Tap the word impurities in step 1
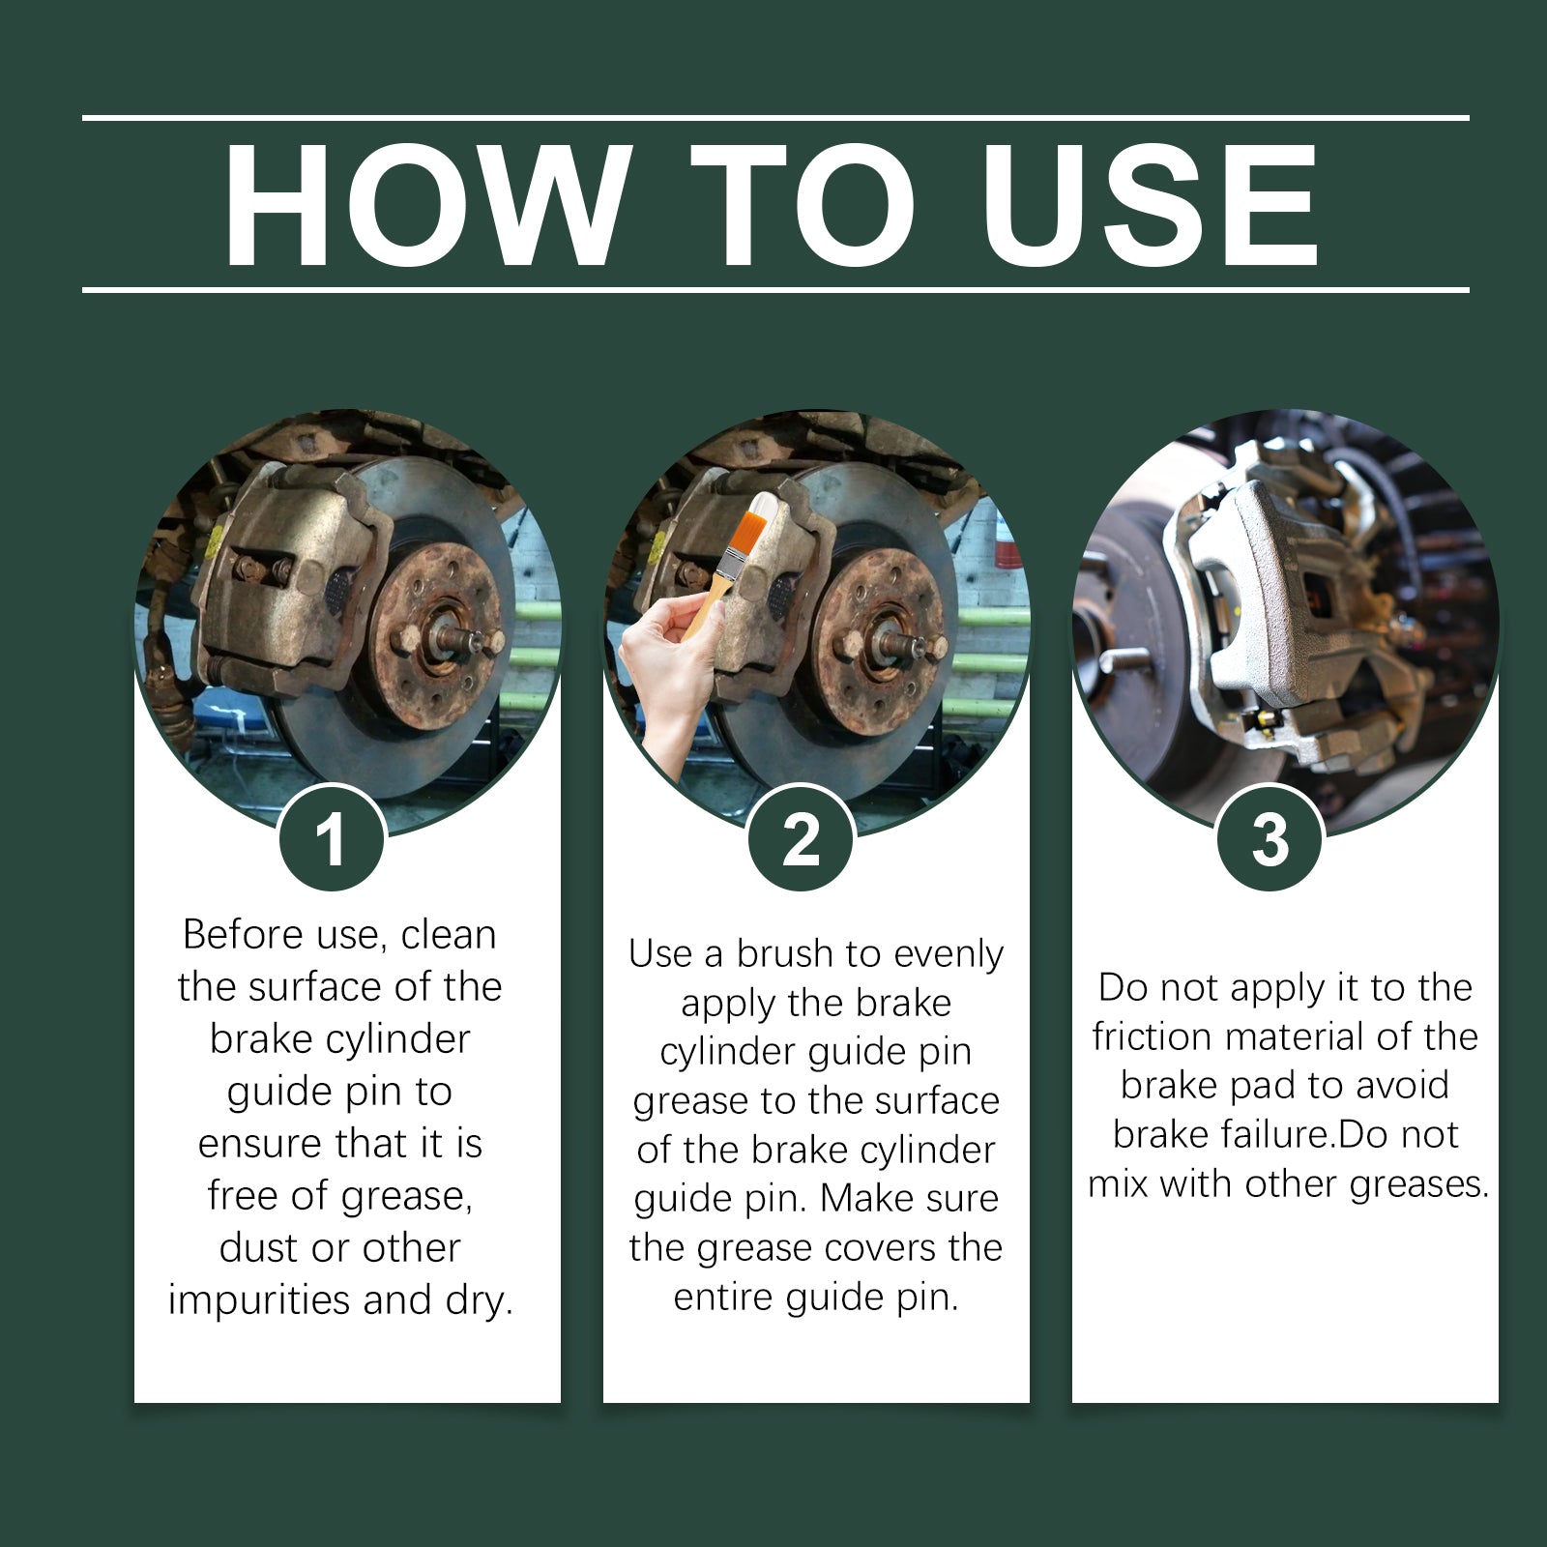[258, 1300]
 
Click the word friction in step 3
[1153, 1036]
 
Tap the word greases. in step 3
[1418, 1183]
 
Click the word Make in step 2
[856, 1199]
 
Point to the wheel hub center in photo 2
[894, 640]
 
